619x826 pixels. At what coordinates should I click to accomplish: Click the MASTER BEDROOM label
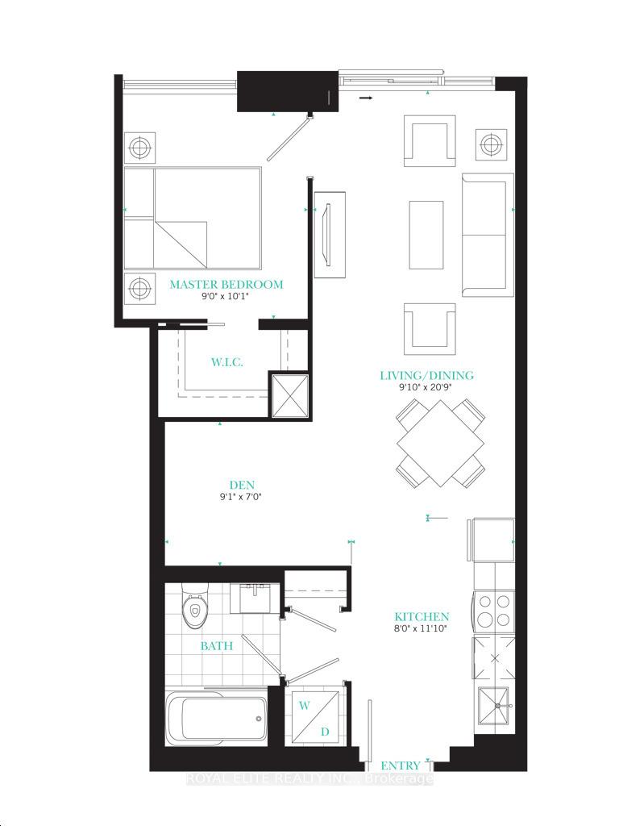pos(226,285)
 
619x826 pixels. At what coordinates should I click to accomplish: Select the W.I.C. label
pos(226,362)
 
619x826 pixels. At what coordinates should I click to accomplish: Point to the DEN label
pos(242,485)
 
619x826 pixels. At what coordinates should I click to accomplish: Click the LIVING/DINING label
pos(427,376)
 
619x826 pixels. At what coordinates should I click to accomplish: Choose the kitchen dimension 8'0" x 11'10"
pos(422,628)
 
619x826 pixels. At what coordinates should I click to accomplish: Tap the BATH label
pos(216,646)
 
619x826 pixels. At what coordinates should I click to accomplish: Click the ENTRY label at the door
pos(401,766)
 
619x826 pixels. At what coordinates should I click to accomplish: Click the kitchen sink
pos(493,706)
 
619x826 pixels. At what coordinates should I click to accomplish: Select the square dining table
pos(441,443)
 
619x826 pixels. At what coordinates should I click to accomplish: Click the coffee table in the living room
pos(426,235)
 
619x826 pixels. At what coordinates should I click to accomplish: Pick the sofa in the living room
pos(488,235)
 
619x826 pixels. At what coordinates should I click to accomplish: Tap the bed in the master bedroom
pos(193,219)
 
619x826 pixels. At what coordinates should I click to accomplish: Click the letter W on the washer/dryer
pos(304,706)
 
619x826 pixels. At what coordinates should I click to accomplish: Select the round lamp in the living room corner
pos(492,144)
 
